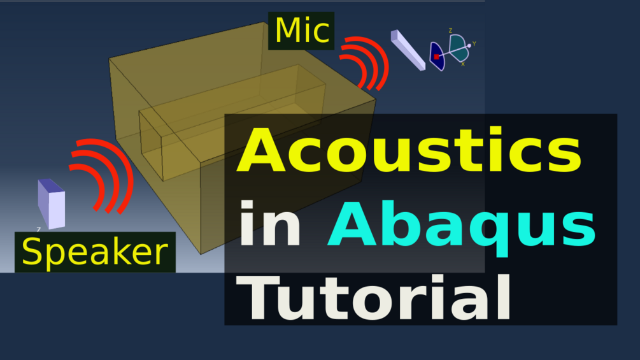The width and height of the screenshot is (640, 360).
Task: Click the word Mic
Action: pyautogui.click(x=302, y=31)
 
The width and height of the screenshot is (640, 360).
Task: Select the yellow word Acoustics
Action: pyautogui.click(x=409, y=150)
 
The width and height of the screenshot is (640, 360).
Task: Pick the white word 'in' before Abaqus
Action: pyautogui.click(x=270, y=224)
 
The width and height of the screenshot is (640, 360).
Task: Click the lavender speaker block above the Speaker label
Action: pyautogui.click(x=52, y=204)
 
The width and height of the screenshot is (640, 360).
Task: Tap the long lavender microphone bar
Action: pyautogui.click(x=408, y=50)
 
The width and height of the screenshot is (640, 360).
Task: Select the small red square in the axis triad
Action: pyautogui.click(x=436, y=57)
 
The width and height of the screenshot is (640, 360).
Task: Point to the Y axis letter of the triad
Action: pyautogui.click(x=474, y=44)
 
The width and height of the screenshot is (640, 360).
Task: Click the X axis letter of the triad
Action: pyautogui.click(x=463, y=64)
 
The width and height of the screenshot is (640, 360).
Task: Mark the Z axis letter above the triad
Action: pyautogui.click(x=450, y=31)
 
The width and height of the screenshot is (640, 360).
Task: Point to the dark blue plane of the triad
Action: pyautogui.click(x=437, y=56)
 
